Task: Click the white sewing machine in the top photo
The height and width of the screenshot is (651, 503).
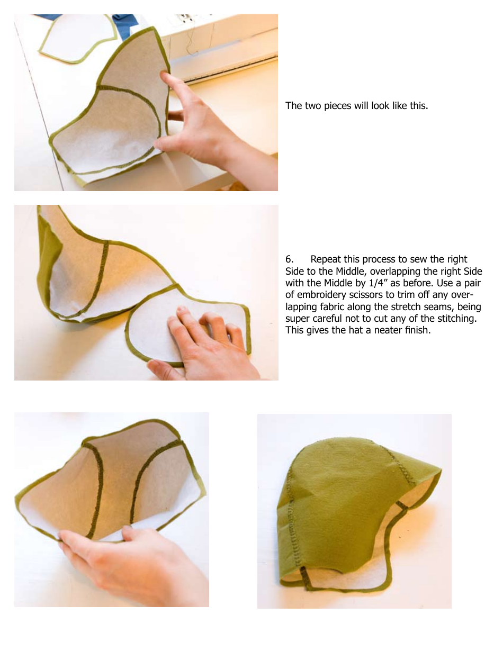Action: (222, 42)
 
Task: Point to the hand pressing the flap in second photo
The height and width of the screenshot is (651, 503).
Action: (206, 344)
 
